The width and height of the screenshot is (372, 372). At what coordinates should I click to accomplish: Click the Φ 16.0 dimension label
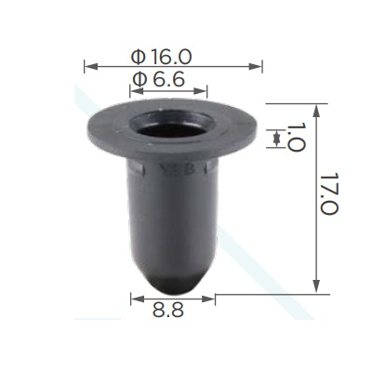pyautogui.click(x=161, y=57)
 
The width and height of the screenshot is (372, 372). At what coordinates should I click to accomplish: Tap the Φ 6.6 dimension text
pyautogui.click(x=158, y=79)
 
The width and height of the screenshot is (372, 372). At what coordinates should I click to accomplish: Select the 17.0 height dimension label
pyautogui.click(x=329, y=193)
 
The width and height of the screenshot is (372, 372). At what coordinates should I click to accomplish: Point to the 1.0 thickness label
pyautogui.click(x=296, y=137)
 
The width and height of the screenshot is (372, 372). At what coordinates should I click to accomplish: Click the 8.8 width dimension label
pyautogui.click(x=168, y=310)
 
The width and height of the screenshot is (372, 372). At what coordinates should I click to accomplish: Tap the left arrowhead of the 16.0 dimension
pyautogui.click(x=91, y=66)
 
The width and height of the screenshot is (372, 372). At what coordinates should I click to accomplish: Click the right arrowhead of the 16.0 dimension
pyautogui.click(x=256, y=66)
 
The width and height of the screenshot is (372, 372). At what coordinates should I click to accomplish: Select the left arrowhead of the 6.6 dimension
pyautogui.click(x=137, y=91)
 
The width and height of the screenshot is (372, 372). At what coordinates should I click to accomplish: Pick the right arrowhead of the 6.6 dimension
pyautogui.click(x=200, y=91)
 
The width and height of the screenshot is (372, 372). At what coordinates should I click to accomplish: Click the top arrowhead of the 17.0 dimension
pyautogui.click(x=316, y=111)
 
